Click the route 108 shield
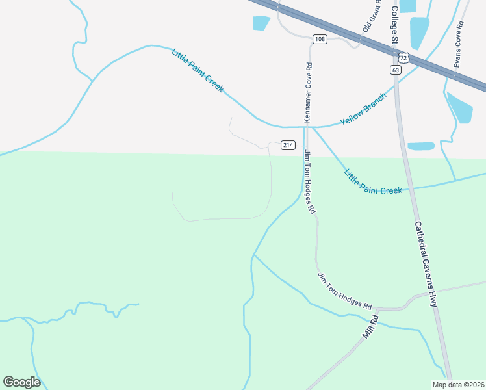point(319,39)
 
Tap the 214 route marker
point(288,144)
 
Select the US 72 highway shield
point(403,58)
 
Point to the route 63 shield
point(396,69)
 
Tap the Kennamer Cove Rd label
point(309,93)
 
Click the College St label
point(394,23)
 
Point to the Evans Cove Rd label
point(458,45)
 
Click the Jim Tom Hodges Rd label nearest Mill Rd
point(344,291)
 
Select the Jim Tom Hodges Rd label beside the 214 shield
point(310,182)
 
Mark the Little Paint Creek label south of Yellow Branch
point(373,182)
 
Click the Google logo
point(21,382)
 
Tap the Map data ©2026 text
point(458,385)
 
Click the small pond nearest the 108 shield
point(261,23)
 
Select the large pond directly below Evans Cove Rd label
point(459,107)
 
